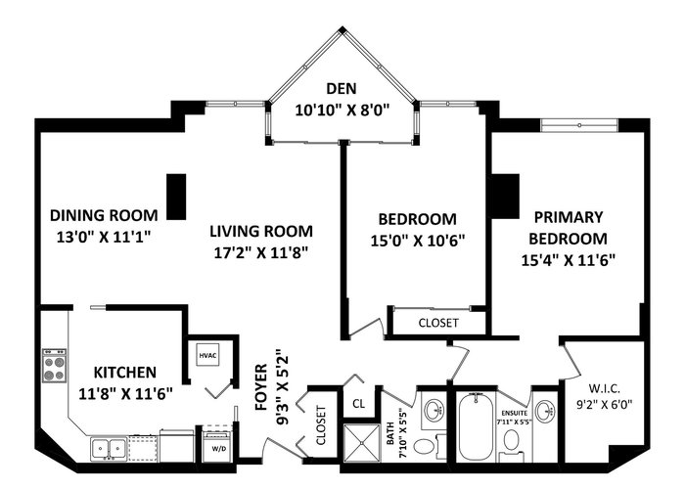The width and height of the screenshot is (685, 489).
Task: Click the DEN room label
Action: pos(342,89)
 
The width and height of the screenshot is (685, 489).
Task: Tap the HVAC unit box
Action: pos(207,355)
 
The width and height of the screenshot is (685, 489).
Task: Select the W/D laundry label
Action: pos(216,449)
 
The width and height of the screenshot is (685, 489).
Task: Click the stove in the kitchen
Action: pos(54,366)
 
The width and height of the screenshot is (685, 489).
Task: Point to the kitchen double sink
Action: pos(109,448)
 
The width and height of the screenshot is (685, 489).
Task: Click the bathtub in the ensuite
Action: pos(475,427)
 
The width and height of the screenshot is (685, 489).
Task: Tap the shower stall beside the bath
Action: pos(362,443)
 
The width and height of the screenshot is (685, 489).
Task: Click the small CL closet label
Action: pos(359,404)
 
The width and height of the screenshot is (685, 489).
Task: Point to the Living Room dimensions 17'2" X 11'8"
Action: pos(261,252)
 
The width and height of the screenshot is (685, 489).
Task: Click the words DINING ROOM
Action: pos(104,215)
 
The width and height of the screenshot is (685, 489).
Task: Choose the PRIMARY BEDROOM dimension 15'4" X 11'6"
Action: pos(568,260)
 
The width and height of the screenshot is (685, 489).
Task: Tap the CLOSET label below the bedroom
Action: pos(438,323)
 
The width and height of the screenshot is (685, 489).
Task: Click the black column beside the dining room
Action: pos(177,197)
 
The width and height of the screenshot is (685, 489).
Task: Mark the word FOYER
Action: pos(261,387)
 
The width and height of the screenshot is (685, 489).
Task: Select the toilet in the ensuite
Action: pos(510,441)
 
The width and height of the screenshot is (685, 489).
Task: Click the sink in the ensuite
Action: pos(545,411)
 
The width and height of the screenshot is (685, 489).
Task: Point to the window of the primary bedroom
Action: pos(579,125)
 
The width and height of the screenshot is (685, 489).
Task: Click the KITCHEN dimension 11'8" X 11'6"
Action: pos(125,394)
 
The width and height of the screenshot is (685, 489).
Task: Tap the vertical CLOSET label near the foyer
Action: pos(321,425)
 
